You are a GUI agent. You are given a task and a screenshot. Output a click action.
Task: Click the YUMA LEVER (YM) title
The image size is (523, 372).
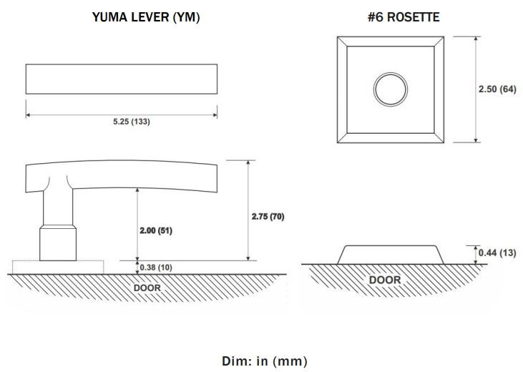coord(146,17)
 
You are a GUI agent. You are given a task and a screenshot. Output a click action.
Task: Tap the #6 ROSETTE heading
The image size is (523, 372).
coord(404,17)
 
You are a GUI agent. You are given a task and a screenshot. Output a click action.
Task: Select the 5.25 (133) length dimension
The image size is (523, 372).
coord(132,122)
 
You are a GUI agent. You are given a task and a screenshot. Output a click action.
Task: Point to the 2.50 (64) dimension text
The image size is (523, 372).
coord(497,89)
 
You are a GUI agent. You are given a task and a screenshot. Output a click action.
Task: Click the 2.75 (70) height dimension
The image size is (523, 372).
coord(268,217)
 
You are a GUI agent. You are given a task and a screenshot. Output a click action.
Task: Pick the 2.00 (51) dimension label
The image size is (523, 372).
coord(156,230)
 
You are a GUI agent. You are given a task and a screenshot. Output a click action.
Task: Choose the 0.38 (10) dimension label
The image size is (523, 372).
coord(156,268)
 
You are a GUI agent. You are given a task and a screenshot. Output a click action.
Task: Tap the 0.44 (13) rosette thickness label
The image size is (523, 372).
coord(497,253)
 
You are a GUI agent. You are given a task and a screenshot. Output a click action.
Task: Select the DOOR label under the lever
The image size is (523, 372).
coord(147,288)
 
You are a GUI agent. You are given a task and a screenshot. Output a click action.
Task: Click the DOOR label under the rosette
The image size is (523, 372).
coord(385,280)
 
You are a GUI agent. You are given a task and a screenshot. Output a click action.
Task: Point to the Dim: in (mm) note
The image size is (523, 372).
coord(265,361)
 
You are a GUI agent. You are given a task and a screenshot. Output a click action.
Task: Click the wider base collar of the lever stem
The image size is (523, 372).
coord(58,243)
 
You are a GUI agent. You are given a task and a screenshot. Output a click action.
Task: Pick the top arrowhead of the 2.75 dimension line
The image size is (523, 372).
coord(248,163)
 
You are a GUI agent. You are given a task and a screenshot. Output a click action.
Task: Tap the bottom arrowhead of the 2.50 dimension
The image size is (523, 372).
coord(476,139)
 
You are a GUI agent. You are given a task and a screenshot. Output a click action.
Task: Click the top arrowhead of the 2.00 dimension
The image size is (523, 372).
coord(137,190)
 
